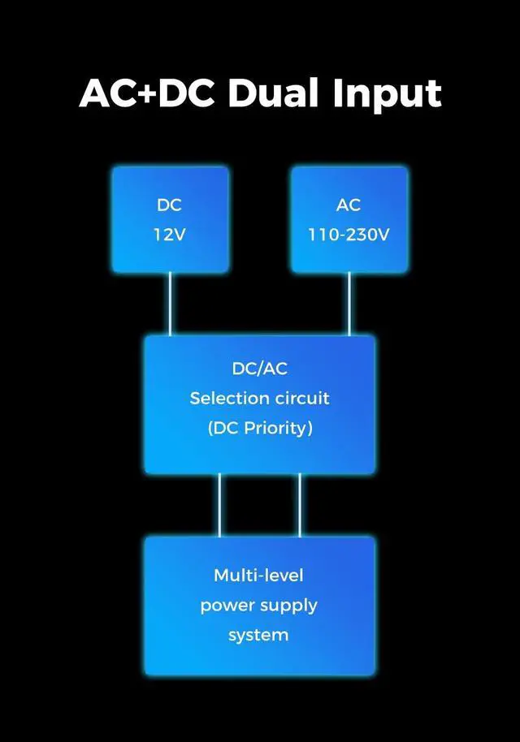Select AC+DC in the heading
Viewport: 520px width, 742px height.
[146, 94]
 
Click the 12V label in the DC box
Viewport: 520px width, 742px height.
[170, 235]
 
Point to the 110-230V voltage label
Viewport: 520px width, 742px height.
[349, 235]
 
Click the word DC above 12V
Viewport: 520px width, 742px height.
[170, 205]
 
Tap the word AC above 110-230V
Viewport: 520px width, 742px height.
[349, 205]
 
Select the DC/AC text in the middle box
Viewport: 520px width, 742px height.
[260, 369]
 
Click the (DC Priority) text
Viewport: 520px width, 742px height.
[260, 428]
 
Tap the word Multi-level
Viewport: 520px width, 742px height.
[258, 576]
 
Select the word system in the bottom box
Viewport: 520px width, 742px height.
[258, 635]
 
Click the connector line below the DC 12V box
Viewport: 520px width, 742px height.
[170, 304]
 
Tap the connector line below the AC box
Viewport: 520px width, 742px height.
[349, 304]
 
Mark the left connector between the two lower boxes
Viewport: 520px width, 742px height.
[219, 505]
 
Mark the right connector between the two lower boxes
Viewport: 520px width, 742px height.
[300, 505]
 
